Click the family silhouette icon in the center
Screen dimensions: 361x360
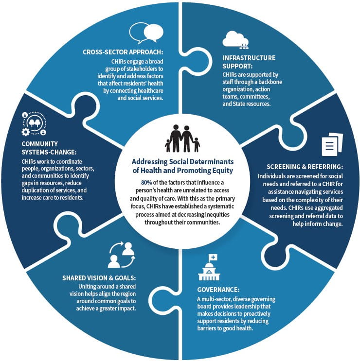click(181, 138)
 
